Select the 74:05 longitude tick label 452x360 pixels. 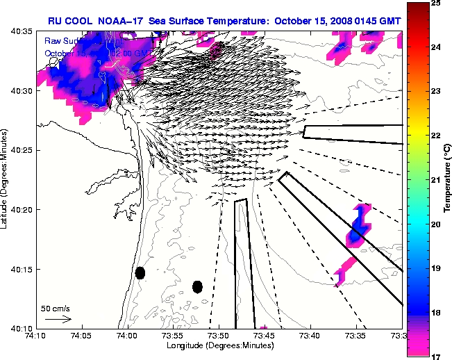click(81, 336)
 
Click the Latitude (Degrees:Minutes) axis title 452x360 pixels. click(6, 179)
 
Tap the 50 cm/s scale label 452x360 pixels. click(55, 308)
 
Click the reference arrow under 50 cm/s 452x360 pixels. click(58, 319)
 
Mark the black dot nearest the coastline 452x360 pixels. click(140, 272)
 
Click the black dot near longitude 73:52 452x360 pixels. click(197, 286)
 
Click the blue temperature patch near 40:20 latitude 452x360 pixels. click(358, 227)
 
